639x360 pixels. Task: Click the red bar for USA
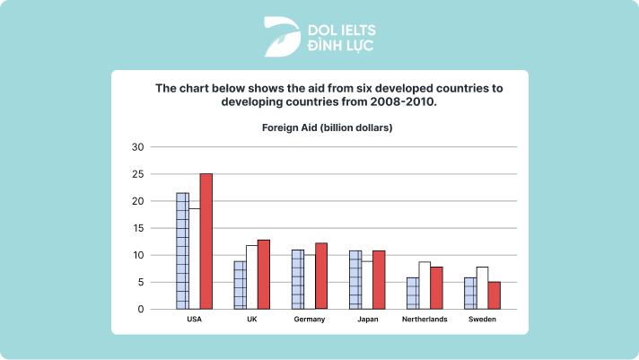[x=206, y=241]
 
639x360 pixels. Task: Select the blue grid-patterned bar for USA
[x=182, y=251]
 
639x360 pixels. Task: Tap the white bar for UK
[x=251, y=277]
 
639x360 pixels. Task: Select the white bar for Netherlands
[x=425, y=285]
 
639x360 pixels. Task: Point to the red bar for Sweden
[x=494, y=295]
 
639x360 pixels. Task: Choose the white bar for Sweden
[x=482, y=288]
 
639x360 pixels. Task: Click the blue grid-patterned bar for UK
[x=240, y=285]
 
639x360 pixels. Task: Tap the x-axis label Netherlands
[x=425, y=319]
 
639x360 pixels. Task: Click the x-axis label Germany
[x=310, y=319]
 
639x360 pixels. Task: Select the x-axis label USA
[x=194, y=319]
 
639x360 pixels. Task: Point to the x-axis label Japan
[x=367, y=319]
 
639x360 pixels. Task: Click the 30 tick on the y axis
[x=137, y=147]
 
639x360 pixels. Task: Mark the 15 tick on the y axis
[x=137, y=228]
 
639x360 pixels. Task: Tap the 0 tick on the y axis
[x=140, y=310]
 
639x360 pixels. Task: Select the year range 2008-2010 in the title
[x=407, y=102]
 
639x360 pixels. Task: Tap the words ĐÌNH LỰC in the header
[x=342, y=45]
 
